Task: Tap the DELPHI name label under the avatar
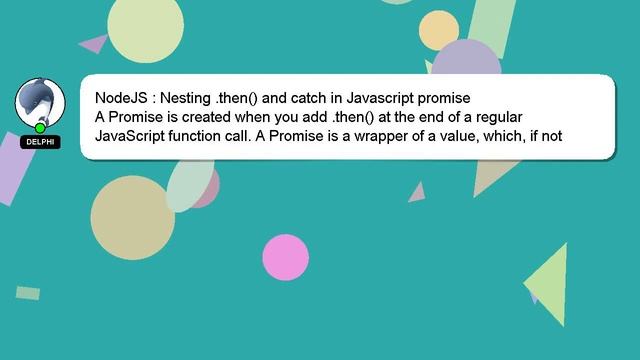40,142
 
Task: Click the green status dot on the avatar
40,128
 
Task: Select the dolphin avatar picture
40,102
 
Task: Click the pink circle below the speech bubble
285,257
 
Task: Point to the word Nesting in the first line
187,98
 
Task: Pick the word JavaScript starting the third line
128,136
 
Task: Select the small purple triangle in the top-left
95,43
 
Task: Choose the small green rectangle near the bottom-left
28,293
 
